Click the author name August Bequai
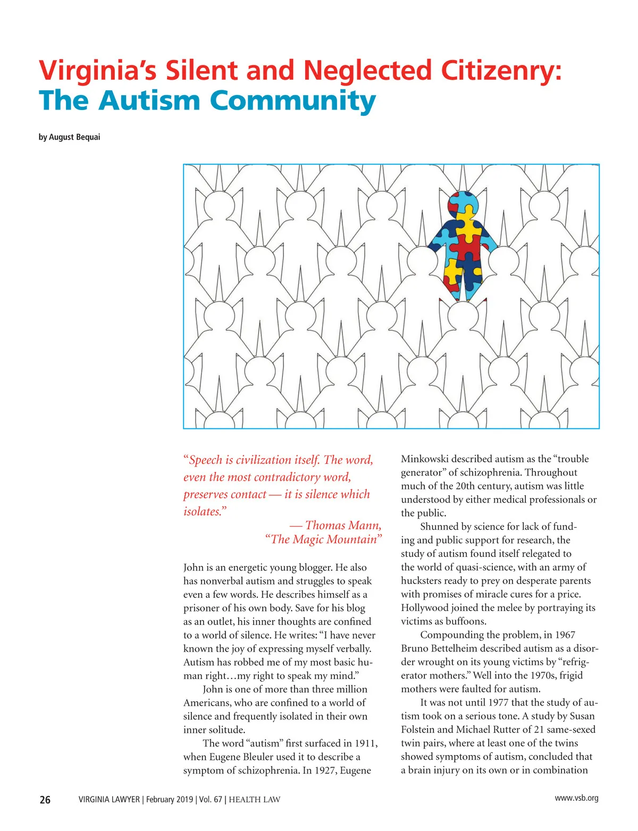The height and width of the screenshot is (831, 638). (x=74, y=137)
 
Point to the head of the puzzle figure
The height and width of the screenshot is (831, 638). (x=463, y=205)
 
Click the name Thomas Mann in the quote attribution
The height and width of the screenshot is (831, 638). (x=343, y=525)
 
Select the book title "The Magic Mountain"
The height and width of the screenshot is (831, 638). (x=323, y=540)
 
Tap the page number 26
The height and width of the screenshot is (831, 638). (x=45, y=800)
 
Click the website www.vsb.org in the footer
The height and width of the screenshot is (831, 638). (x=576, y=798)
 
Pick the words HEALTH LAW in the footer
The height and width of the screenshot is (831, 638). (x=254, y=800)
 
